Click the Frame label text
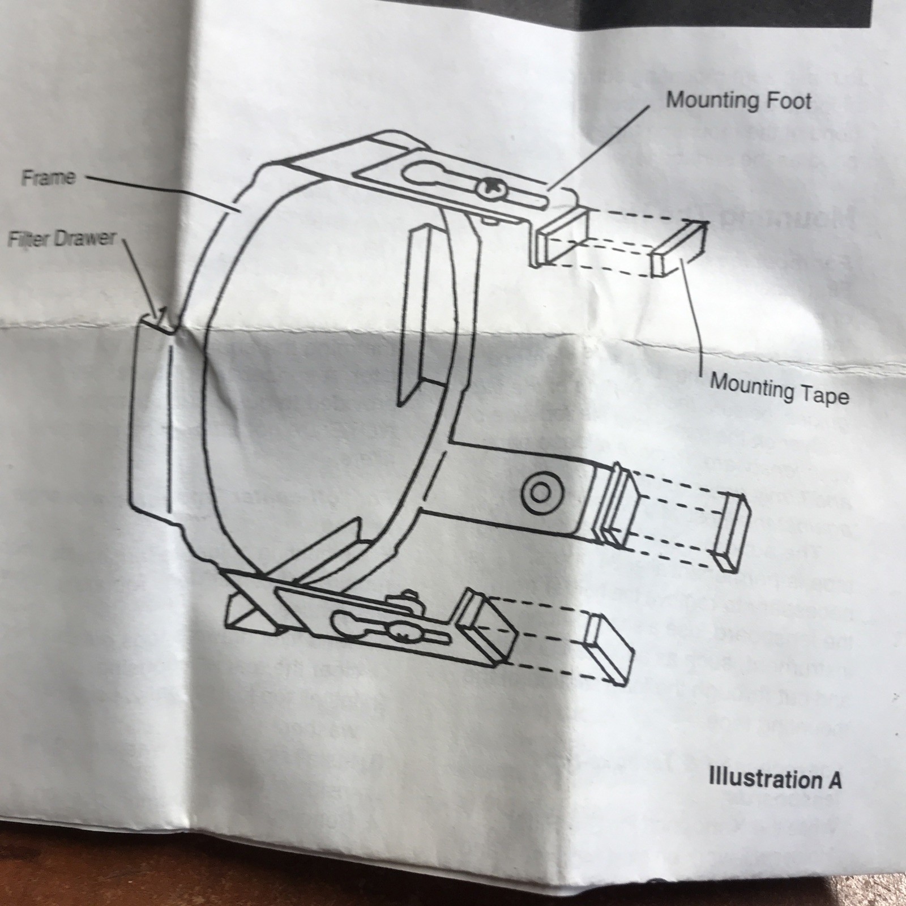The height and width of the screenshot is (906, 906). click(48, 177)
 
